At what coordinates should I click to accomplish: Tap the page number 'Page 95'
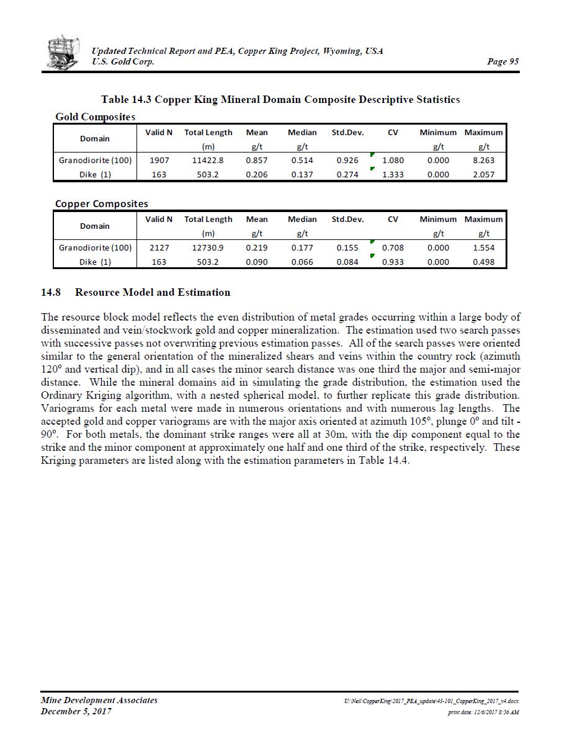(x=503, y=61)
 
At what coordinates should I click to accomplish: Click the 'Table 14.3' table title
(x=280, y=99)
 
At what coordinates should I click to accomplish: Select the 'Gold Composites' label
(x=95, y=117)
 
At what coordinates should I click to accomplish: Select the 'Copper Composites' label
(x=101, y=203)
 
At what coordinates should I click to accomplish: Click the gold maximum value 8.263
(x=483, y=160)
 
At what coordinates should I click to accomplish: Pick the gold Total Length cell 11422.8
(x=208, y=160)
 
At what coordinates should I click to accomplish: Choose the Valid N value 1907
(x=159, y=160)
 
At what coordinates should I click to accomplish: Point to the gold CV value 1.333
(x=393, y=174)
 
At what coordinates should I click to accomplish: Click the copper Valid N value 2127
(x=159, y=247)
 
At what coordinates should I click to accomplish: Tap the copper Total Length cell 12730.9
(x=208, y=247)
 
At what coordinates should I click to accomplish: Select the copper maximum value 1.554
(x=483, y=247)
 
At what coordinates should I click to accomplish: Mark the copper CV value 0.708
(x=393, y=247)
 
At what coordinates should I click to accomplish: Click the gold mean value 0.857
(x=256, y=160)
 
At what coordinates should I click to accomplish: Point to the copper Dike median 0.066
(x=302, y=262)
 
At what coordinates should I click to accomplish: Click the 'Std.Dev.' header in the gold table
(x=347, y=133)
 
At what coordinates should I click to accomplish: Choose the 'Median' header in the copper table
(x=302, y=219)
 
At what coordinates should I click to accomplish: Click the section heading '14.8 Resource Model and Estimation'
(x=135, y=292)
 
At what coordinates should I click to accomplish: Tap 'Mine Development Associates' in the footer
(x=99, y=700)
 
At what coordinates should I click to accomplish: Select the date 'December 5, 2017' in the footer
(x=76, y=711)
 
